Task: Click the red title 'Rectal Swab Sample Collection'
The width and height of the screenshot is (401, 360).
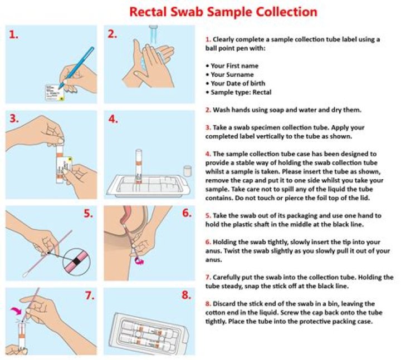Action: coord(223,11)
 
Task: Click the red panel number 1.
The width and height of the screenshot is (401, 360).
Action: coord(14,34)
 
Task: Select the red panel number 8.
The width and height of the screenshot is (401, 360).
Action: coord(186,295)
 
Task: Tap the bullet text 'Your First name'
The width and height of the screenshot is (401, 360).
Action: coord(234,66)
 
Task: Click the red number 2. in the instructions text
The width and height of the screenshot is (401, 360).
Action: coord(208,110)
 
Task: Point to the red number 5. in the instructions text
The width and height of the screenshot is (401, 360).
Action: coord(208,215)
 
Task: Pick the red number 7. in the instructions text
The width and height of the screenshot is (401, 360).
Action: coord(208,277)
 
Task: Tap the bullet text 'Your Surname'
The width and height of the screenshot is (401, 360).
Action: coord(232,75)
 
